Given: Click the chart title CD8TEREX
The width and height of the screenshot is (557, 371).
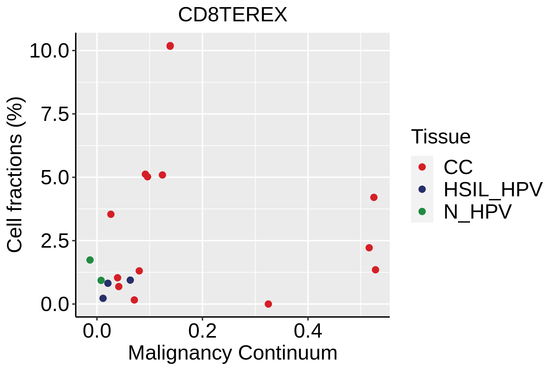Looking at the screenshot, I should tap(233, 15).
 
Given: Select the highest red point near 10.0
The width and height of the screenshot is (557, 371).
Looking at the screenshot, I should tap(170, 46).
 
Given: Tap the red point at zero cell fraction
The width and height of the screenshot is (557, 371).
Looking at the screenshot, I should tap(268, 304).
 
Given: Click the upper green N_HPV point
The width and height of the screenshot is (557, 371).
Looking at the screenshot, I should tap(90, 260).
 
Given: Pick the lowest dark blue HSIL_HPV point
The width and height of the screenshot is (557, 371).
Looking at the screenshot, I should tap(103, 298).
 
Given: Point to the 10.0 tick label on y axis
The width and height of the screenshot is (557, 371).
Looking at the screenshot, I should tap(49, 51).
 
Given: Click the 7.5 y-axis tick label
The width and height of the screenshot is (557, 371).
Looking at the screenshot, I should tap(54, 114).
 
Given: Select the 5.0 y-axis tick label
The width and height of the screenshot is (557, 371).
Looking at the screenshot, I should tap(54, 178).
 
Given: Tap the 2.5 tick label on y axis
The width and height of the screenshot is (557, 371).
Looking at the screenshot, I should tap(54, 241).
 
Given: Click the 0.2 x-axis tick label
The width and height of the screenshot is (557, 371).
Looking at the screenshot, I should tap(202, 331).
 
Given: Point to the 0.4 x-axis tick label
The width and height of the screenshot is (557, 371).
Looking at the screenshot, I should tap(308, 331).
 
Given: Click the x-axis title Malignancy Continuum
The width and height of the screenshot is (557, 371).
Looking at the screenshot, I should tap(233, 353).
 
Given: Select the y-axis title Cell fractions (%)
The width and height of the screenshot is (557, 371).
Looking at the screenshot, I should tap(15, 175).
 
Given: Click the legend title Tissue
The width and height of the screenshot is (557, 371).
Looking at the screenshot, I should tap(441, 137).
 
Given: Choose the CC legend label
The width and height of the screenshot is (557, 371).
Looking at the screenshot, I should tap(458, 167).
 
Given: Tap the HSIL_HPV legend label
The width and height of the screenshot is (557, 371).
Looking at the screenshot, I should tap(493, 190).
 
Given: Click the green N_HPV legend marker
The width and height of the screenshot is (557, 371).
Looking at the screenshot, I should tap(422, 212).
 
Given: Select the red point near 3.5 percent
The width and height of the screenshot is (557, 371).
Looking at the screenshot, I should tap(111, 214).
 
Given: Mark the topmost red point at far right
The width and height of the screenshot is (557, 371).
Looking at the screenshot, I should tap(374, 197).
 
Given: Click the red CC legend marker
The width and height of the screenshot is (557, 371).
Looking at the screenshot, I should tap(422, 167).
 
